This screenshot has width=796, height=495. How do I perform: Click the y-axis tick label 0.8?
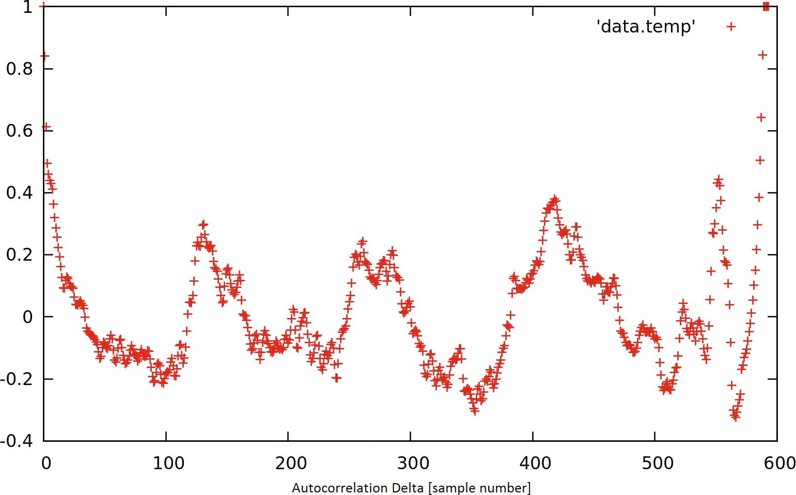(19, 69)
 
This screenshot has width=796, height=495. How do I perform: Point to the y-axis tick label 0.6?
(19, 131)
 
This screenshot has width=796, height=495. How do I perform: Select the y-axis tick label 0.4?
(19, 193)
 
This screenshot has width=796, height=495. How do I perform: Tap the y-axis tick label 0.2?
(19, 254)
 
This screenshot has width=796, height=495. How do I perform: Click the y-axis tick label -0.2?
(17, 379)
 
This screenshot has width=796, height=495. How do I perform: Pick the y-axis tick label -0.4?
(17, 441)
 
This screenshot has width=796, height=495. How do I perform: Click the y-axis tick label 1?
(27, 7)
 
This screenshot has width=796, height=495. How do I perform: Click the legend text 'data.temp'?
(646, 26)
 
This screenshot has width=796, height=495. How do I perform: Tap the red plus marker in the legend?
(731, 26)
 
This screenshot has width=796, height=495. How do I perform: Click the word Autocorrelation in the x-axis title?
(340, 488)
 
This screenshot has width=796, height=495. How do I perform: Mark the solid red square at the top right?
(766, 6)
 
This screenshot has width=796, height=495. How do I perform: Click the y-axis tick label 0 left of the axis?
(27, 317)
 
